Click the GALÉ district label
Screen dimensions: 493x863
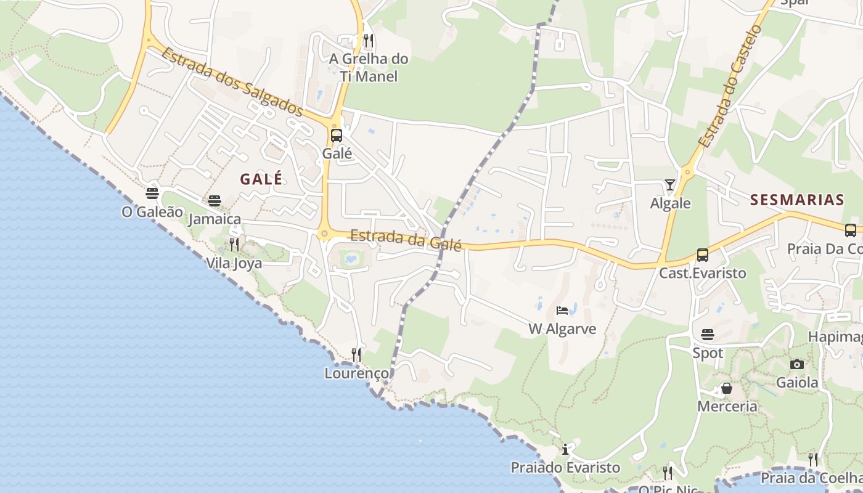[261, 179]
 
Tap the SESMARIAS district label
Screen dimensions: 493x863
[797, 200]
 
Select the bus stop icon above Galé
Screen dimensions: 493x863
[337, 136]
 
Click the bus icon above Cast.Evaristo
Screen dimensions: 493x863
[702, 255]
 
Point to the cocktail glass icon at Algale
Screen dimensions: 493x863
[670, 184]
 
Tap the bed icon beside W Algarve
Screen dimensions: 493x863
[562, 310]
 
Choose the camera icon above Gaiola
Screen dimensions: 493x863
[797, 364]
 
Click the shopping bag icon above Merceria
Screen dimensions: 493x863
[727, 388]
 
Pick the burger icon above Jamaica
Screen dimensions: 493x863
[215, 200]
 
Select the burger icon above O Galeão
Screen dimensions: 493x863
[152, 193]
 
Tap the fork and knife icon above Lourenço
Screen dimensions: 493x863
[356, 354]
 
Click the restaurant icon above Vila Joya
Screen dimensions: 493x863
[234, 245]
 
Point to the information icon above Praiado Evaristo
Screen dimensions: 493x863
[565, 449]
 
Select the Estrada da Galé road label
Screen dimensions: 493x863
[406, 239]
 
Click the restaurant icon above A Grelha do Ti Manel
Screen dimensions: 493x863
[369, 41]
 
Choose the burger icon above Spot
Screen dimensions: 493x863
[708, 335]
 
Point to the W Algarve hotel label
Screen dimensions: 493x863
[562, 329]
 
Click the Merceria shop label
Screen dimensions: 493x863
[727, 407]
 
